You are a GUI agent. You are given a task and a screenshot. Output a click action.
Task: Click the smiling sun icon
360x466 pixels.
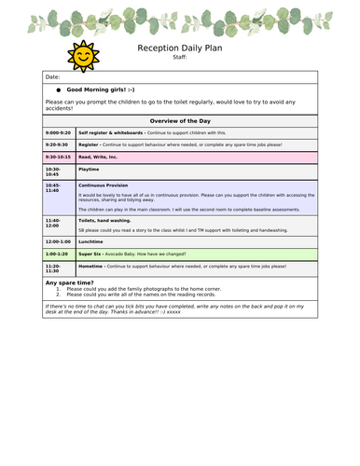[83, 56]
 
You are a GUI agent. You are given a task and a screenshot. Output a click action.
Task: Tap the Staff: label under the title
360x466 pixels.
[180, 58]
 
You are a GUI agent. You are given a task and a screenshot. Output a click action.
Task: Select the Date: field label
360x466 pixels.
[52, 77]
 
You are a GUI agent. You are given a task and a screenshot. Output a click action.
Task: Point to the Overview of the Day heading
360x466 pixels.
[180, 122]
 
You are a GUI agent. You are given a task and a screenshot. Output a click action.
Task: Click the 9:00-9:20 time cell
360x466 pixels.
[58, 134]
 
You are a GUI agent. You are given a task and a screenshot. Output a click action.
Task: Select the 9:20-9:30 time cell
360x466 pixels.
[58, 145]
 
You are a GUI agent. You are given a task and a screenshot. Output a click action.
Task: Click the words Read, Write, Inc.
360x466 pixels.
[98, 158]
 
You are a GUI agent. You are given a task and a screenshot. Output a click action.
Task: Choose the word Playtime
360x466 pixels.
[90, 170]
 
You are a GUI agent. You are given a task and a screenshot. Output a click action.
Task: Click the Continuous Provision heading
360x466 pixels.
[104, 185]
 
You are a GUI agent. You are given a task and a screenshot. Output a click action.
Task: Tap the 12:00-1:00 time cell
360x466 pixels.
[59, 241]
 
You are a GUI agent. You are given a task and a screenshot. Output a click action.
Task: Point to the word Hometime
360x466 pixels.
[91, 266]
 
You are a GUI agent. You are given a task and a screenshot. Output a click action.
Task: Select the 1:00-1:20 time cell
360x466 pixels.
[58, 254]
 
